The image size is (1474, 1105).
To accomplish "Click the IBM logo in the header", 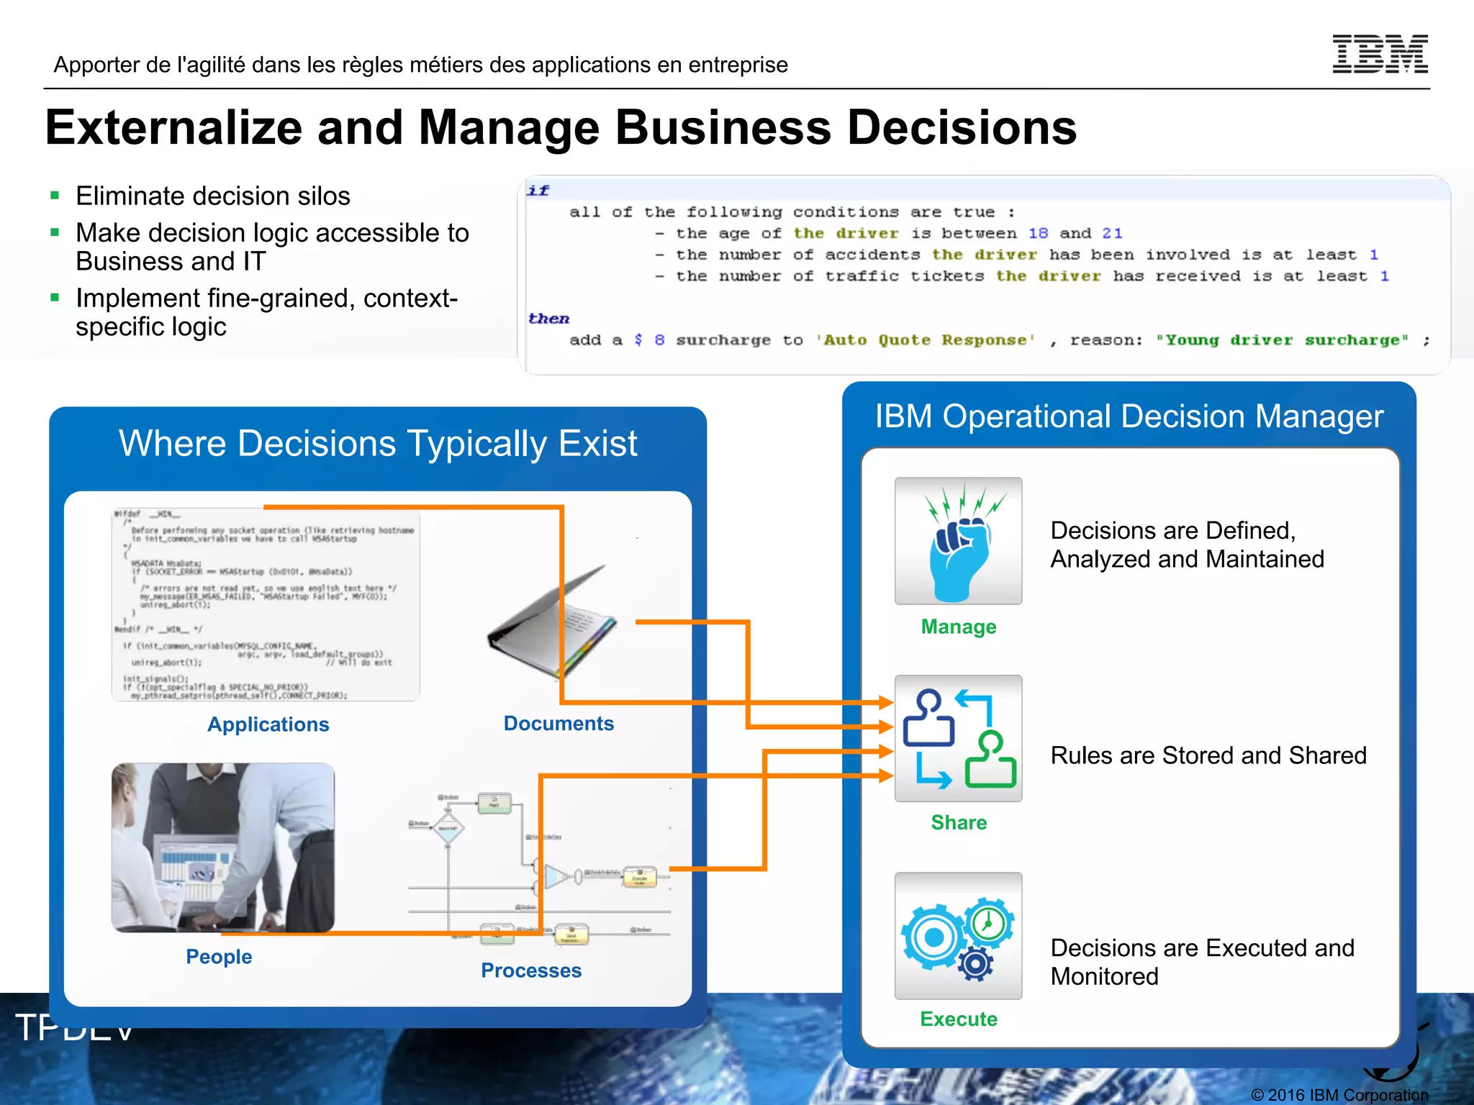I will point(1380,54).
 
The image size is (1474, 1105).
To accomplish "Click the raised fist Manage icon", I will point(958,541).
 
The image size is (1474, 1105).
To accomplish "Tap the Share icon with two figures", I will point(958,738).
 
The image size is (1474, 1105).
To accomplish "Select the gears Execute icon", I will point(958,935).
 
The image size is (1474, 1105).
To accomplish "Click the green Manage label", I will point(959,627).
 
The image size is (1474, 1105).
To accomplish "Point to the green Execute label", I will point(959,1019).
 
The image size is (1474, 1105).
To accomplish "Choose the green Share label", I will point(959,822).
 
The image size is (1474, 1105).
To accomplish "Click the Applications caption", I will point(268,724).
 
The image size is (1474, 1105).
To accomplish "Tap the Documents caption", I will point(559,723).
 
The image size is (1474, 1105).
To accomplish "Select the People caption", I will point(219,957).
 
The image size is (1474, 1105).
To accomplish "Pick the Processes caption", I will point(531,970).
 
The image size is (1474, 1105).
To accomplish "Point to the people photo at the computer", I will point(223,847).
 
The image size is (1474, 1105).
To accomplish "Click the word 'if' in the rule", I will point(538,191).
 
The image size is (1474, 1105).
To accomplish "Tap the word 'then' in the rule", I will point(548,319).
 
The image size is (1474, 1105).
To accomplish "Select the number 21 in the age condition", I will point(1112,233).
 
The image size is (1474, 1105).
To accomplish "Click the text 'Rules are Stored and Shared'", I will point(1208,755).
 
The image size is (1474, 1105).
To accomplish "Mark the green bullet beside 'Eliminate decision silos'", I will point(55,196).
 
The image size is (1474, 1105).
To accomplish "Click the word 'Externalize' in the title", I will point(173,128).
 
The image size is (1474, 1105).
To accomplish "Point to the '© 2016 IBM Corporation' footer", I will point(1339,1095).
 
